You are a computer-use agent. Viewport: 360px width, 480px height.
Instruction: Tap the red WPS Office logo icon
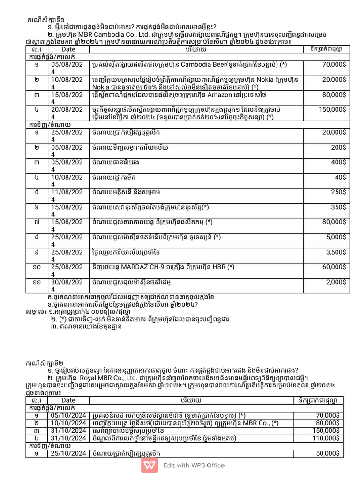tap(150, 465)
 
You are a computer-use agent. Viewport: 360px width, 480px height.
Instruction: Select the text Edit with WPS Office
tap(194, 465)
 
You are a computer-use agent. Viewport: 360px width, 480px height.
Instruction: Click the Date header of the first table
tap(68, 49)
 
